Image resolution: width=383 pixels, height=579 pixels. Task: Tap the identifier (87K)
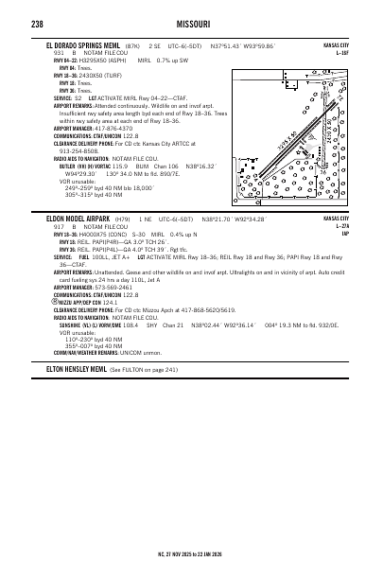coord(132,44)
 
